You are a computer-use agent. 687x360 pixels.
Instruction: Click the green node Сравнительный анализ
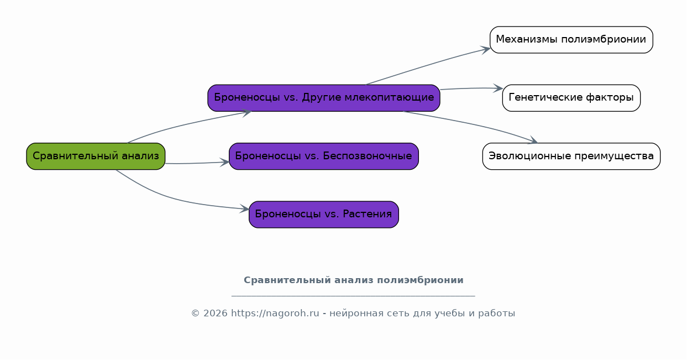click(x=96, y=156)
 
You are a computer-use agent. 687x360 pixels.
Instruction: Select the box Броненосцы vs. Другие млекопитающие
click(x=324, y=98)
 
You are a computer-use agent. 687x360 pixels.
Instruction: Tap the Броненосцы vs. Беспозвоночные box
click(x=324, y=156)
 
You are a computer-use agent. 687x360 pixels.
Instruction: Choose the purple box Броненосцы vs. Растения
click(x=324, y=215)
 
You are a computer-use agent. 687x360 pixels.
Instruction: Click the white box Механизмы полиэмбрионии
click(x=571, y=40)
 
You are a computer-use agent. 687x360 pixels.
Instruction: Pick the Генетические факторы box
click(x=571, y=98)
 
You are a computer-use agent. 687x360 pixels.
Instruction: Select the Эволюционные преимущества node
click(x=571, y=156)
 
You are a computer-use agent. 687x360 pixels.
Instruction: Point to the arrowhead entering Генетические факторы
click(x=498, y=88)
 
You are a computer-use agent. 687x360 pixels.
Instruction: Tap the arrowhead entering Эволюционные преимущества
click(x=533, y=140)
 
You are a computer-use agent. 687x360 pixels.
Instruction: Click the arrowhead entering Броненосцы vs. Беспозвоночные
click(x=224, y=163)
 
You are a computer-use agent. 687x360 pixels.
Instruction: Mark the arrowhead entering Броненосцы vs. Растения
click(x=244, y=208)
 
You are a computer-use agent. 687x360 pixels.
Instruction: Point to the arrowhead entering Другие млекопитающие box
click(x=247, y=113)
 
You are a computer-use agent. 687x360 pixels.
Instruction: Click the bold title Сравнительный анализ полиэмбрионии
click(x=354, y=280)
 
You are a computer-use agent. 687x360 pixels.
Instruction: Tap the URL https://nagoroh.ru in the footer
click(x=275, y=314)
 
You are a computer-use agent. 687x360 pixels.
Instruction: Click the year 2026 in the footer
click(x=216, y=314)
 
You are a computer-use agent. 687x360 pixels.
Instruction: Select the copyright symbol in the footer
click(x=195, y=314)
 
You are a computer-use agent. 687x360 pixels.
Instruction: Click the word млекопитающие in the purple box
click(x=389, y=97)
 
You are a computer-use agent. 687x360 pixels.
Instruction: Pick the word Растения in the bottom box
click(x=367, y=214)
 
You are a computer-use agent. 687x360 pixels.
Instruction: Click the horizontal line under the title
click(x=353, y=296)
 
